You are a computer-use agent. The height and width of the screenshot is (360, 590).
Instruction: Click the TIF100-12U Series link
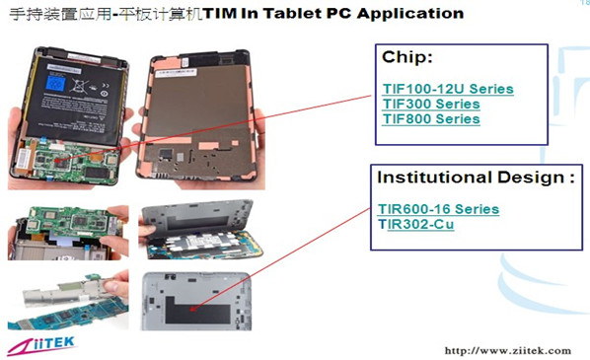pyautogui.click(x=448, y=89)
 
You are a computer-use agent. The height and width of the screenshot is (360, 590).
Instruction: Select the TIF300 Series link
pyautogui.click(x=431, y=104)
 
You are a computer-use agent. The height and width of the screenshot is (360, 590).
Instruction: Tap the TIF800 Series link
pyautogui.click(x=431, y=118)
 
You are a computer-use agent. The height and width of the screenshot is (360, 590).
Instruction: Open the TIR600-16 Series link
pyautogui.click(x=438, y=209)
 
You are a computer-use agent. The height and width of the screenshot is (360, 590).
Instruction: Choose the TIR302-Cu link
pyautogui.click(x=417, y=224)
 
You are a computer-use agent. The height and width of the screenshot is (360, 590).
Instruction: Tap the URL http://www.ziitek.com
pyautogui.click(x=508, y=350)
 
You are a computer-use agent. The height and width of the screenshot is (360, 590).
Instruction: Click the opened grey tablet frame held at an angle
pyautogui.click(x=198, y=233)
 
